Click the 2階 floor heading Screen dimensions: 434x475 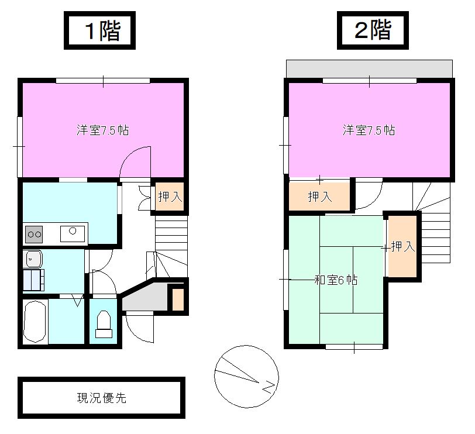coord(372,31)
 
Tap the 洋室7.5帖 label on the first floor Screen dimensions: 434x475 coord(103,130)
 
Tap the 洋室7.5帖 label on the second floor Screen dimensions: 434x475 coord(369,130)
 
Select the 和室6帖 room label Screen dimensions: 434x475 coord(336,280)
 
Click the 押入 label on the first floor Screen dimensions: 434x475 coord(170,197)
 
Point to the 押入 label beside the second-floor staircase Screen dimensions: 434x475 coord(402,247)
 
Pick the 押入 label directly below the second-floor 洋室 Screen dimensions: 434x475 coord(320,197)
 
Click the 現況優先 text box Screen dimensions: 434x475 coord(102,398)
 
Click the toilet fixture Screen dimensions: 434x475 coord(104,325)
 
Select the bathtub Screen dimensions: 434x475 coord(35,322)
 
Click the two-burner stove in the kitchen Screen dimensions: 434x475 coord(33,235)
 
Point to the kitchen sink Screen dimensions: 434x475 coord(73,234)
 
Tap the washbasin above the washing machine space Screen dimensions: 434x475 coord(33,258)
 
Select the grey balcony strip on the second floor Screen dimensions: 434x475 coord(369,68)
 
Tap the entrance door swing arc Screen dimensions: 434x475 coord(139,329)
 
